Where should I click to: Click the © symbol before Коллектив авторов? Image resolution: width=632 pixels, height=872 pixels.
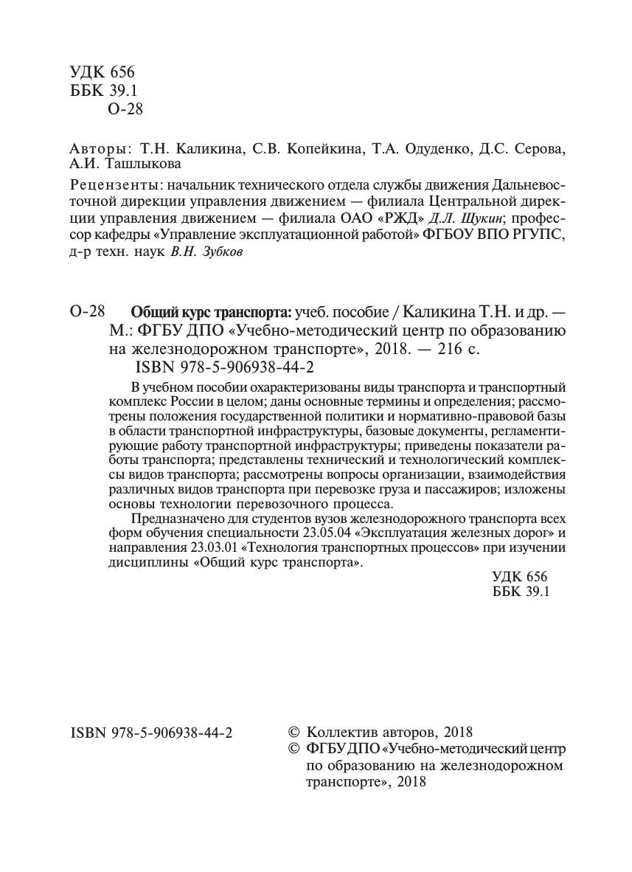pyautogui.click(x=293, y=733)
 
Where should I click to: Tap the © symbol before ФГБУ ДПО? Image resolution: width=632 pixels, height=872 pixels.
pyautogui.click(x=293, y=750)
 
